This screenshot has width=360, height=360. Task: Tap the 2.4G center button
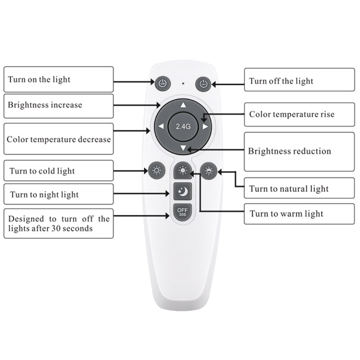click(x=183, y=126)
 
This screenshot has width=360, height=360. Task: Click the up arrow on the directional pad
click(x=183, y=105)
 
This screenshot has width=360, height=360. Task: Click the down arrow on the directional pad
click(x=183, y=148)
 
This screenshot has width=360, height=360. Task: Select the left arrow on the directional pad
click(x=161, y=126)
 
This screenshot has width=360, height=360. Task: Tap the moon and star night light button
click(x=183, y=191)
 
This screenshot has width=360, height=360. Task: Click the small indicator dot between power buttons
click(x=183, y=84)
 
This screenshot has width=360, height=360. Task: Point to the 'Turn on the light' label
click(x=39, y=80)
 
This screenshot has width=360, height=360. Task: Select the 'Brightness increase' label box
click(x=45, y=105)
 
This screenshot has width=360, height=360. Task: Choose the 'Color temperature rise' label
click(x=292, y=114)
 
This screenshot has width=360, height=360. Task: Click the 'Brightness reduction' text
click(x=289, y=151)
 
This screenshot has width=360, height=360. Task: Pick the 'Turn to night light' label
click(x=44, y=195)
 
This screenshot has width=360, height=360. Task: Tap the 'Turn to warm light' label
click(x=287, y=213)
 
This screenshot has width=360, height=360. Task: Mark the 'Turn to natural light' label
click(x=289, y=189)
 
